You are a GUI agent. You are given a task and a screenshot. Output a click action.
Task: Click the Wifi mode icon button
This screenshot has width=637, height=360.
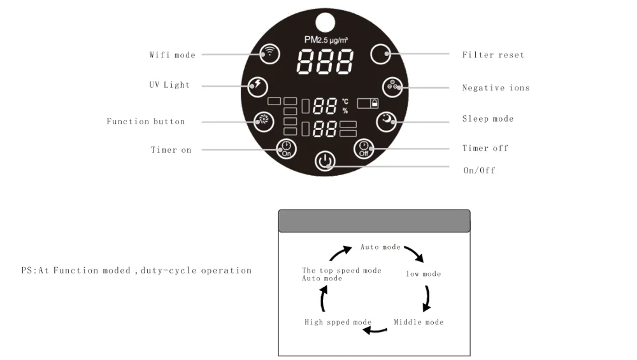coord(270,54)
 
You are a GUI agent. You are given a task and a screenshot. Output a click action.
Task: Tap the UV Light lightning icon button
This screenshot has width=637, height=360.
coord(258,85)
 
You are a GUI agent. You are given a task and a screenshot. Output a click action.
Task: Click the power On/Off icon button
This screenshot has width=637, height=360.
coord(325,161)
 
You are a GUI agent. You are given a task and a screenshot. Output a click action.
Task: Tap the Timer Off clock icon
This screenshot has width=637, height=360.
coord(364,148)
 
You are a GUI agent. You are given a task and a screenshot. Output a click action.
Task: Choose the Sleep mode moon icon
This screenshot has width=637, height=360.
coord(386,120)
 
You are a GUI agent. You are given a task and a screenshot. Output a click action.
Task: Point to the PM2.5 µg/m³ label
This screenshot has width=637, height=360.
coord(326,40)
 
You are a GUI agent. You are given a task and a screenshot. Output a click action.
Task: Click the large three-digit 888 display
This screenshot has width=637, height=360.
coord(326,62)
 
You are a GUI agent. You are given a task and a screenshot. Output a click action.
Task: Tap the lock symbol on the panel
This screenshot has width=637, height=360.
coord(374,102)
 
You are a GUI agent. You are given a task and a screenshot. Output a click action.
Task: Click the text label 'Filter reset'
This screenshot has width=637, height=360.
coord(493,55)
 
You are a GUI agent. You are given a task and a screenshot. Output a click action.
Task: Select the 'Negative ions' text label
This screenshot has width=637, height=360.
coord(496,88)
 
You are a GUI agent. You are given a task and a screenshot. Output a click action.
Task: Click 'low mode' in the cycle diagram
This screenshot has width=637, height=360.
coord(424,274)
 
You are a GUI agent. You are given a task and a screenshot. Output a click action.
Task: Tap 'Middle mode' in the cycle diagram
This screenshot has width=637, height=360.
coord(419,322)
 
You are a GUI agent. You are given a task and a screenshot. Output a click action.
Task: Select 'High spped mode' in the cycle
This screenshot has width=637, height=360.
coord(338,322)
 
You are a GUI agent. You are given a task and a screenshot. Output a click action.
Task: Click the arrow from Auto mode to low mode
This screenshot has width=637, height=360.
coord(413,253)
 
